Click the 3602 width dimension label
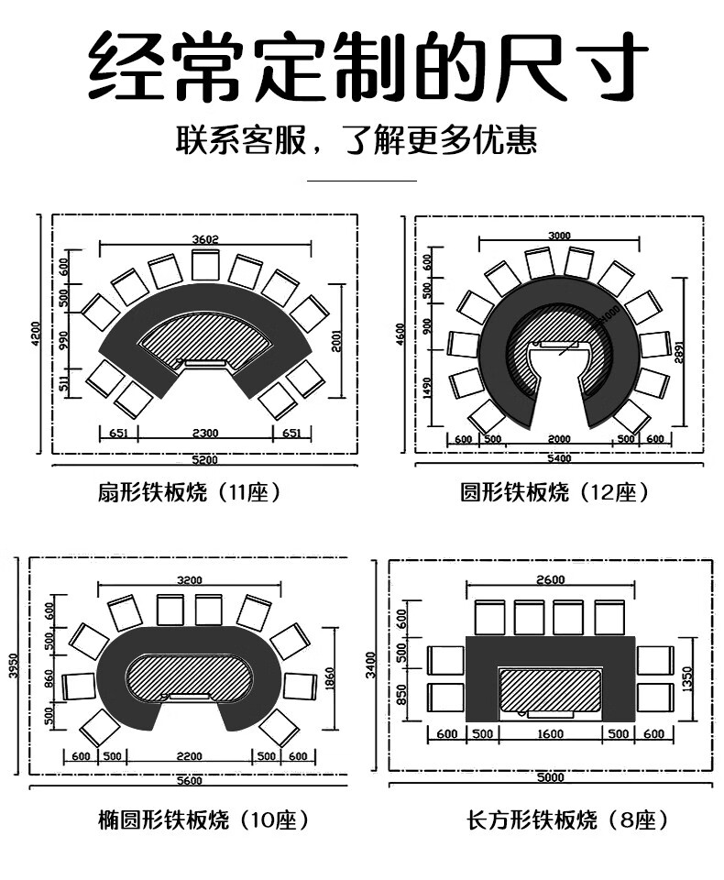[205, 240]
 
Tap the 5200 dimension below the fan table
[204, 458]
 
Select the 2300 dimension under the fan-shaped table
[204, 433]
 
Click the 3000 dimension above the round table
[559, 236]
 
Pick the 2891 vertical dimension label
[679, 352]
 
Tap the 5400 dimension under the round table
[558, 457]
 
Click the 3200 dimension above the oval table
[189, 580]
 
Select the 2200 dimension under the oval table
[189, 756]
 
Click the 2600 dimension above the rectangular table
[550, 579]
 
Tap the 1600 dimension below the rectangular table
[550, 734]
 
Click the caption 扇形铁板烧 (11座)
[188, 493]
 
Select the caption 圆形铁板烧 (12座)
[555, 493]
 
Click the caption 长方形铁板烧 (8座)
[567, 819]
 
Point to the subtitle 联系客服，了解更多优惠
[357, 140]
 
